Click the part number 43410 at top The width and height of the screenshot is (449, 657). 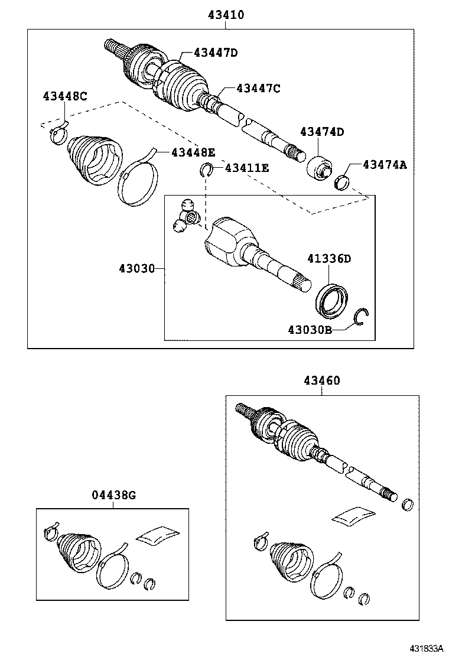tap(225, 14)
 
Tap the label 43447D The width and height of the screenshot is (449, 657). tap(208, 53)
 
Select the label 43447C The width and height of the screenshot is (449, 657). tap(258, 88)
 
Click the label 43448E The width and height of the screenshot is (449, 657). tap(193, 152)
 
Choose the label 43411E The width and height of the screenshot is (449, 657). tap(246, 168)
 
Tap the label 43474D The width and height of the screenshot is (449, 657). tap(321, 132)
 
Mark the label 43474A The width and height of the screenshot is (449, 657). tap(385, 165)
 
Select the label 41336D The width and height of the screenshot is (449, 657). tap(328, 258)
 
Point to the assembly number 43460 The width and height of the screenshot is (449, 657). tap(322, 380)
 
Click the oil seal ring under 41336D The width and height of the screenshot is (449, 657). tap(331, 297)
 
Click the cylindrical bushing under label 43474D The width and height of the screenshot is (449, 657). tap(320, 167)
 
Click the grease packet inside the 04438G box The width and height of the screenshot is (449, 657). tap(158, 535)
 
